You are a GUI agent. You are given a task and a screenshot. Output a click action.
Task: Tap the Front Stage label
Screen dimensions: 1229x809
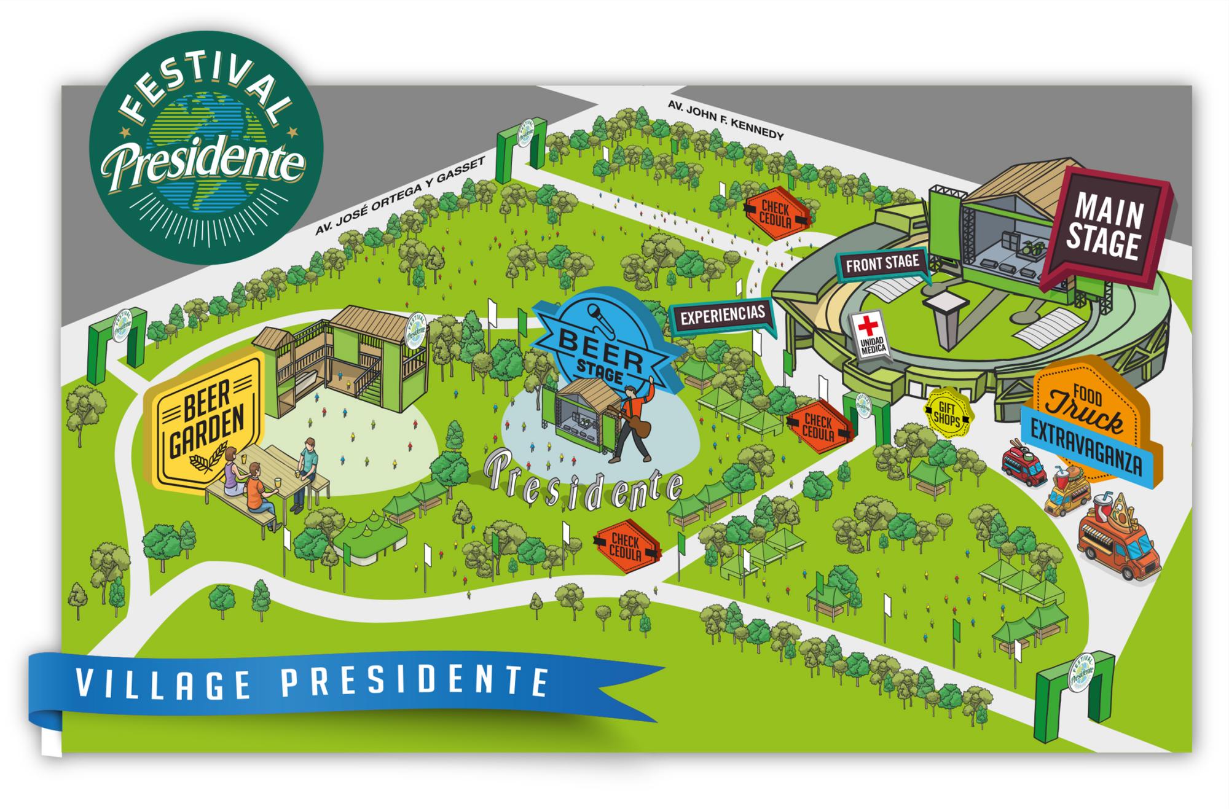[x=882, y=265]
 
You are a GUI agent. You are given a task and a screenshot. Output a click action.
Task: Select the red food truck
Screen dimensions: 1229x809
[x=1024, y=467]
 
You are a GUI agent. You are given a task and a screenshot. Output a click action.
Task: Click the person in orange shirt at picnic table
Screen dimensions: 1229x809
[x=257, y=498]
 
